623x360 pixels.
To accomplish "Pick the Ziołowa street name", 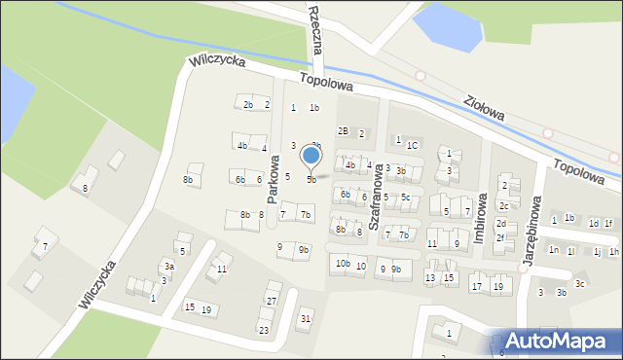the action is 484,108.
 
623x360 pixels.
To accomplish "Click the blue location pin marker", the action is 311,157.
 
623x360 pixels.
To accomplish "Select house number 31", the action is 306,318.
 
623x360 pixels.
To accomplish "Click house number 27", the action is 272,301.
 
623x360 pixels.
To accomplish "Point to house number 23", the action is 263,330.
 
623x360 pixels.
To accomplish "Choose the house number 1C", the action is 412,145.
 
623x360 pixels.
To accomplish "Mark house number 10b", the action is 342,264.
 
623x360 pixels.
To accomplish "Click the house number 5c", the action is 406,198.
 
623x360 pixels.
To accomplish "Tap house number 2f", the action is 500,236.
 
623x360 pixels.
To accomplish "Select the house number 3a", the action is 168,266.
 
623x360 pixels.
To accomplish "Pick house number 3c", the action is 579,284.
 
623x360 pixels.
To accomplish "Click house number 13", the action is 430,278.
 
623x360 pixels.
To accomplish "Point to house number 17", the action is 476,287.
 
